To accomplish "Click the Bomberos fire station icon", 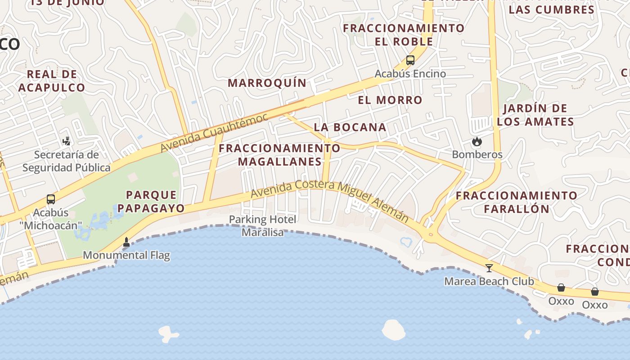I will click(x=477, y=142).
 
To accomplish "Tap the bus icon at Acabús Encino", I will click(x=410, y=60).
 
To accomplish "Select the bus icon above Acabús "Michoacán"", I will click(x=51, y=199).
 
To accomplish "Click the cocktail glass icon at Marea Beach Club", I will click(x=489, y=268).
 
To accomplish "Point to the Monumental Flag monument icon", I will click(x=126, y=242).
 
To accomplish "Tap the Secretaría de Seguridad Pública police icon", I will click(x=66, y=141).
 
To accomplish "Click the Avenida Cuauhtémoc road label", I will click(x=214, y=133).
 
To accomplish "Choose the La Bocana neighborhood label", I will click(x=350, y=127).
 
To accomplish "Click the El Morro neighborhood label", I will click(x=390, y=100).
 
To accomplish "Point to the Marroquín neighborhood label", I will click(x=267, y=83).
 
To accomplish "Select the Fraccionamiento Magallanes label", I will click(x=279, y=154).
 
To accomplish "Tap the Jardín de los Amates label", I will click(x=535, y=115).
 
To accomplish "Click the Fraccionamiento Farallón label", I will click(x=517, y=202).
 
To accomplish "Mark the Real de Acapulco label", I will click(x=52, y=81).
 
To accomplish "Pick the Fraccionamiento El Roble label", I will click(x=404, y=35).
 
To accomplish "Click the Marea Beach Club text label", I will click(x=489, y=282).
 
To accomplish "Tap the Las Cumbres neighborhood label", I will click(x=552, y=9).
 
